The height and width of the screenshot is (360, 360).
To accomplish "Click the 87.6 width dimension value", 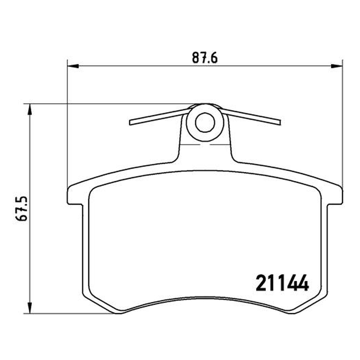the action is click(205, 58).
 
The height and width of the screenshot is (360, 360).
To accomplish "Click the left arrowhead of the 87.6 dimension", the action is click(73, 66).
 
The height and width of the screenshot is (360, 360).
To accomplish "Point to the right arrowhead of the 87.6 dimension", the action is click(336, 66).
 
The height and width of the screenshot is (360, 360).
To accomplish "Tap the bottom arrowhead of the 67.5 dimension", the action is click(29, 308).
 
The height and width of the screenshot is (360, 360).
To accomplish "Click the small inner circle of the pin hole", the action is click(205, 122).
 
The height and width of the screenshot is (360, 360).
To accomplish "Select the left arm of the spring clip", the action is click(158, 117).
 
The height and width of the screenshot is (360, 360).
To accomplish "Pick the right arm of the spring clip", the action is click(251, 117).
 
